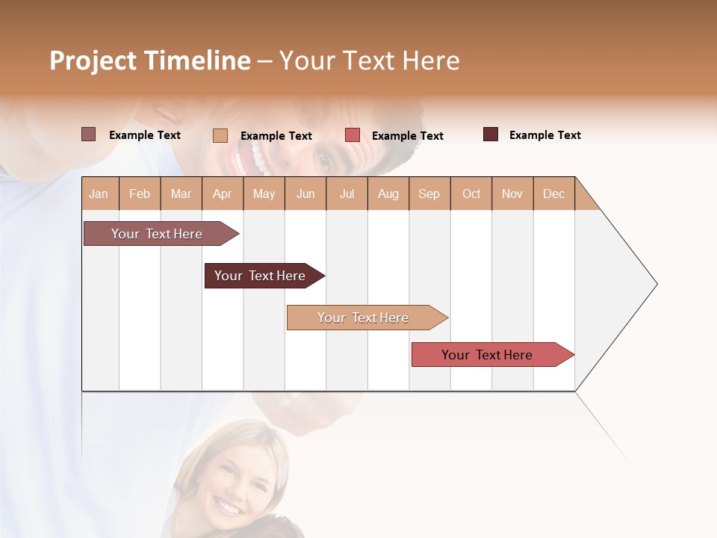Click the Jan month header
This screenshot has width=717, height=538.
[99, 194]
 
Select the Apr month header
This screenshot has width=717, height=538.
[223, 194]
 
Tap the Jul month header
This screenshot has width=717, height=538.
[347, 194]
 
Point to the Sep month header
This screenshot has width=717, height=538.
[429, 194]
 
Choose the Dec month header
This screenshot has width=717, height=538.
[554, 194]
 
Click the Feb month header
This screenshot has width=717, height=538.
[140, 194]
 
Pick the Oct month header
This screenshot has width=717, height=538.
[471, 194]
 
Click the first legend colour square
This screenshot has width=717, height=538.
[89, 134]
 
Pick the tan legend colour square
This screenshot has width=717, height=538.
[220, 135]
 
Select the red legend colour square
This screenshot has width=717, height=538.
[353, 135]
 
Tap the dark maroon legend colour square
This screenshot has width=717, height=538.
[491, 134]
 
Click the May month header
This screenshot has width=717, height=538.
[264, 194]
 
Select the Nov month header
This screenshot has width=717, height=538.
[512, 194]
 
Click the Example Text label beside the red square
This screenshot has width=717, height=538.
[408, 136]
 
